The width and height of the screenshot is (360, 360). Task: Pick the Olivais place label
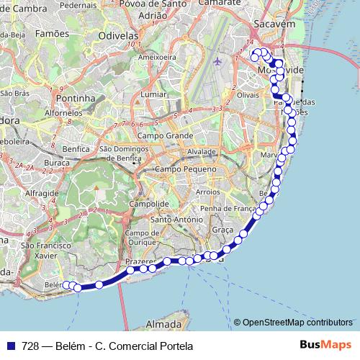click(247, 94)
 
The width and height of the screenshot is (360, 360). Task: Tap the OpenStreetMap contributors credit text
click(297, 322)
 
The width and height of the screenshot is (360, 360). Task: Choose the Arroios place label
click(207, 193)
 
